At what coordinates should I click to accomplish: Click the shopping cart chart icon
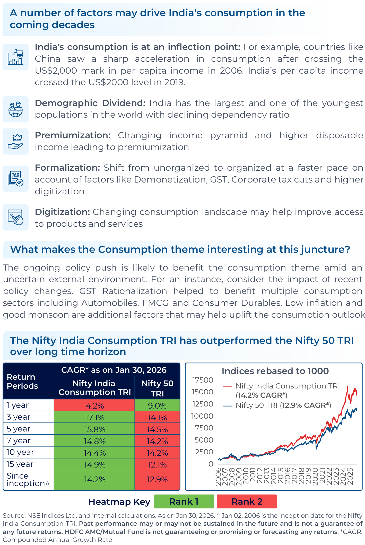[15, 57]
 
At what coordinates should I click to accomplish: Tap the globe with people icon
[15, 109]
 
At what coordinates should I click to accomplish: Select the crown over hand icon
[15, 142]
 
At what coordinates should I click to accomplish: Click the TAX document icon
[15, 179]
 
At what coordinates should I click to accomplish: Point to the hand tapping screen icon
[15, 217]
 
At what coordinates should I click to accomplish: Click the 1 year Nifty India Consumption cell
[94, 406]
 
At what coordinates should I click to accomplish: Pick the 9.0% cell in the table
[157, 406]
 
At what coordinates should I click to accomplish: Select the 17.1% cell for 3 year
[94, 418]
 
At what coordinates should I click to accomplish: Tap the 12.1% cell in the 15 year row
[157, 465]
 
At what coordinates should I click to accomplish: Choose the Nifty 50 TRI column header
[157, 388]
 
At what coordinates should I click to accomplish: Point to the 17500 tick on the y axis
[203, 380]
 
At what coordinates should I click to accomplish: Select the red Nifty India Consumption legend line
[228, 386]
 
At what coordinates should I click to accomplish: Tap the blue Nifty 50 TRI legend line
[228, 406]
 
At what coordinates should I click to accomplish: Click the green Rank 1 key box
[184, 501]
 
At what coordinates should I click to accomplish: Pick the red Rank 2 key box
[247, 501]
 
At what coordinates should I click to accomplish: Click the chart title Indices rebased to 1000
[275, 371]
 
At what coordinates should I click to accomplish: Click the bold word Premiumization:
[73, 135]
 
